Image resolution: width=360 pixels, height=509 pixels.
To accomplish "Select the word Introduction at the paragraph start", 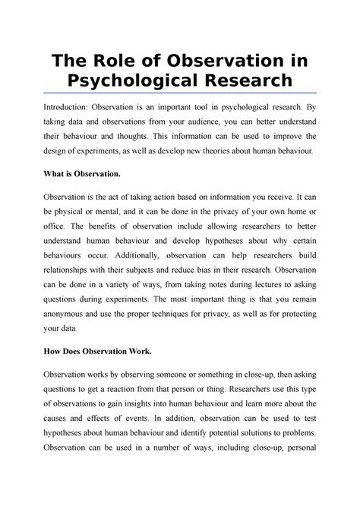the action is point(68,109).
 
